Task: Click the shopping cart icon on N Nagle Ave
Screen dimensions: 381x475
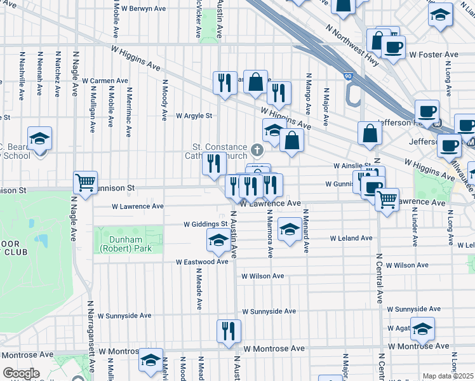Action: click(85, 182)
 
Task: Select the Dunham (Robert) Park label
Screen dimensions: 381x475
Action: click(125, 244)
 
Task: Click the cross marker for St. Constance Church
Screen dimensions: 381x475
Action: click(257, 150)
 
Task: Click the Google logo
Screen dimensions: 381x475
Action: click(21, 373)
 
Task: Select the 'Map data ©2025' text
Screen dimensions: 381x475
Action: click(448, 376)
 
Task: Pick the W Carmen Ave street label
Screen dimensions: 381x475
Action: click(105, 81)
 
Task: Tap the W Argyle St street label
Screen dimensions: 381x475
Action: click(194, 116)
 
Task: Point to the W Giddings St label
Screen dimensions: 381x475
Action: click(206, 224)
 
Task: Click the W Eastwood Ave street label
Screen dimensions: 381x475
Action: click(202, 262)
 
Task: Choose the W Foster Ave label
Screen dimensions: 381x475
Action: click(434, 55)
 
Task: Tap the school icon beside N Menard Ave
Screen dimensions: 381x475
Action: click(290, 229)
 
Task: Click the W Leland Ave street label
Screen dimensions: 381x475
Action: click(351, 238)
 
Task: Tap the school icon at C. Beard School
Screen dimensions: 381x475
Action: click(39, 139)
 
